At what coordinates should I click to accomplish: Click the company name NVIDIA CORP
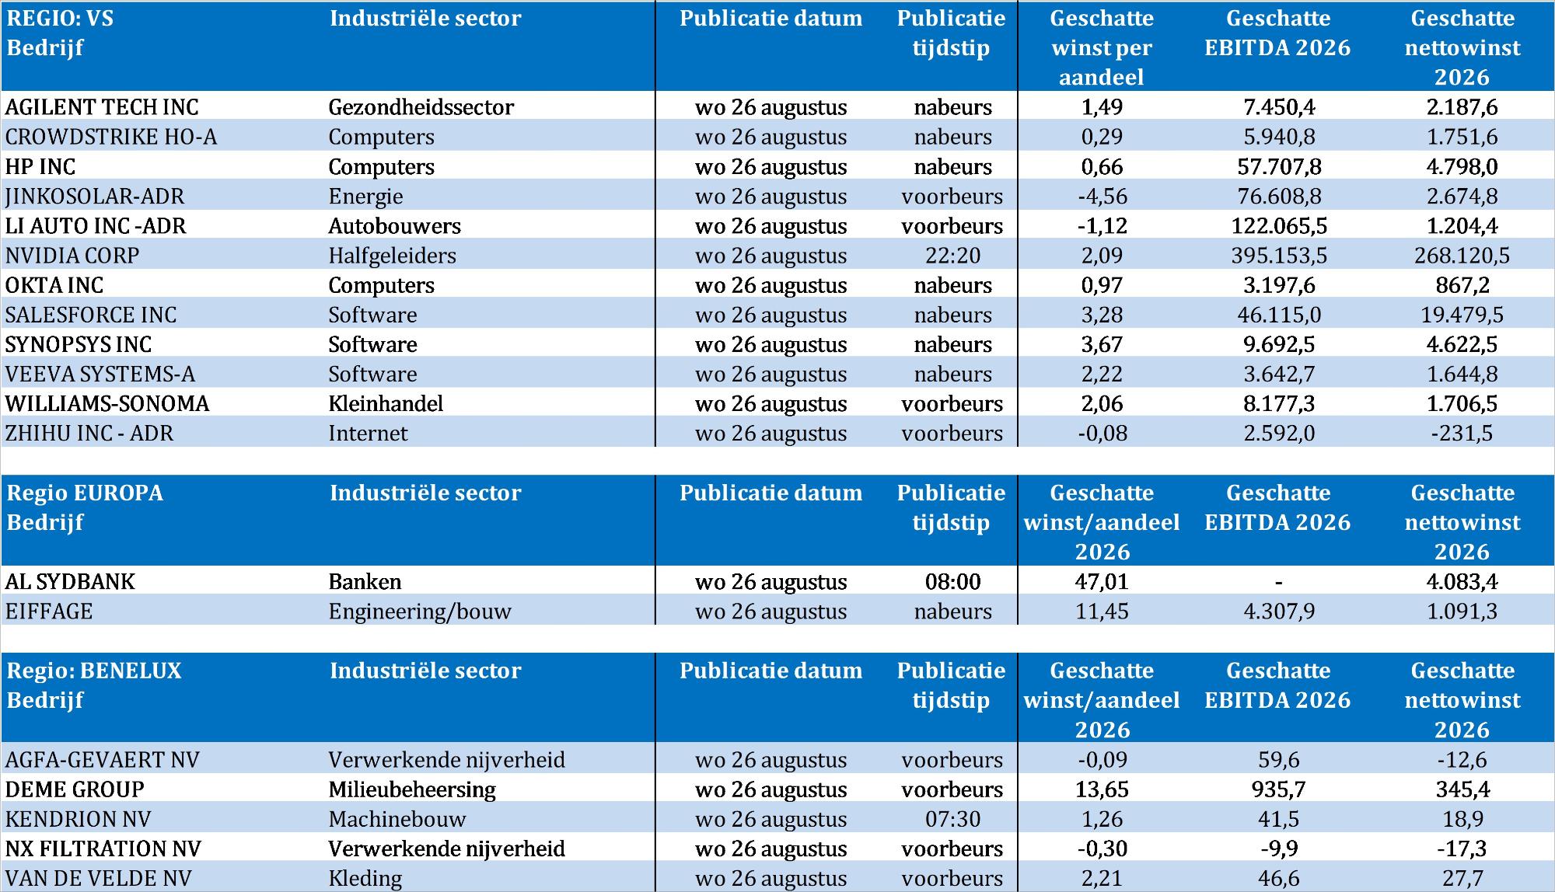tap(72, 256)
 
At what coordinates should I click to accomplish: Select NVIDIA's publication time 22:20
tap(952, 256)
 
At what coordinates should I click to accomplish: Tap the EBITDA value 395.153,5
tap(1279, 256)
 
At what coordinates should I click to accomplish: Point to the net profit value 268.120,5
tap(1462, 256)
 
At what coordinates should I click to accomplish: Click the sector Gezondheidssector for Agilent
tap(421, 107)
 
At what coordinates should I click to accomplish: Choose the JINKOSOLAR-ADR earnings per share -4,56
tap(1102, 197)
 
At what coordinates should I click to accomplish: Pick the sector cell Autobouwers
tap(394, 226)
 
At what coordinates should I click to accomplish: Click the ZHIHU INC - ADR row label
tap(89, 434)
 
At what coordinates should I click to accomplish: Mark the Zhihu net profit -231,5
tap(1462, 434)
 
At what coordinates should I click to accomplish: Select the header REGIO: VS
tap(60, 19)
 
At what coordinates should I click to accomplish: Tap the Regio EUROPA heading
tap(85, 493)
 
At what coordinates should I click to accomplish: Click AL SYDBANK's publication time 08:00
tap(952, 582)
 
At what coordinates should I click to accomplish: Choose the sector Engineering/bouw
tap(420, 612)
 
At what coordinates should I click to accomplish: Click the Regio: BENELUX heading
tap(94, 671)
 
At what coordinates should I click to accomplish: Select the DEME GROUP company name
tap(75, 789)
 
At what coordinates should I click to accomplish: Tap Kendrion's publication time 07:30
tap(952, 819)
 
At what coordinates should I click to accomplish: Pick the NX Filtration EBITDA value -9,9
tap(1279, 848)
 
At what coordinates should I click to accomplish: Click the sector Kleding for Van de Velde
tap(365, 879)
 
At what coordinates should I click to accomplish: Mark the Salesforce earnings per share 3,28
tap(1102, 315)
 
